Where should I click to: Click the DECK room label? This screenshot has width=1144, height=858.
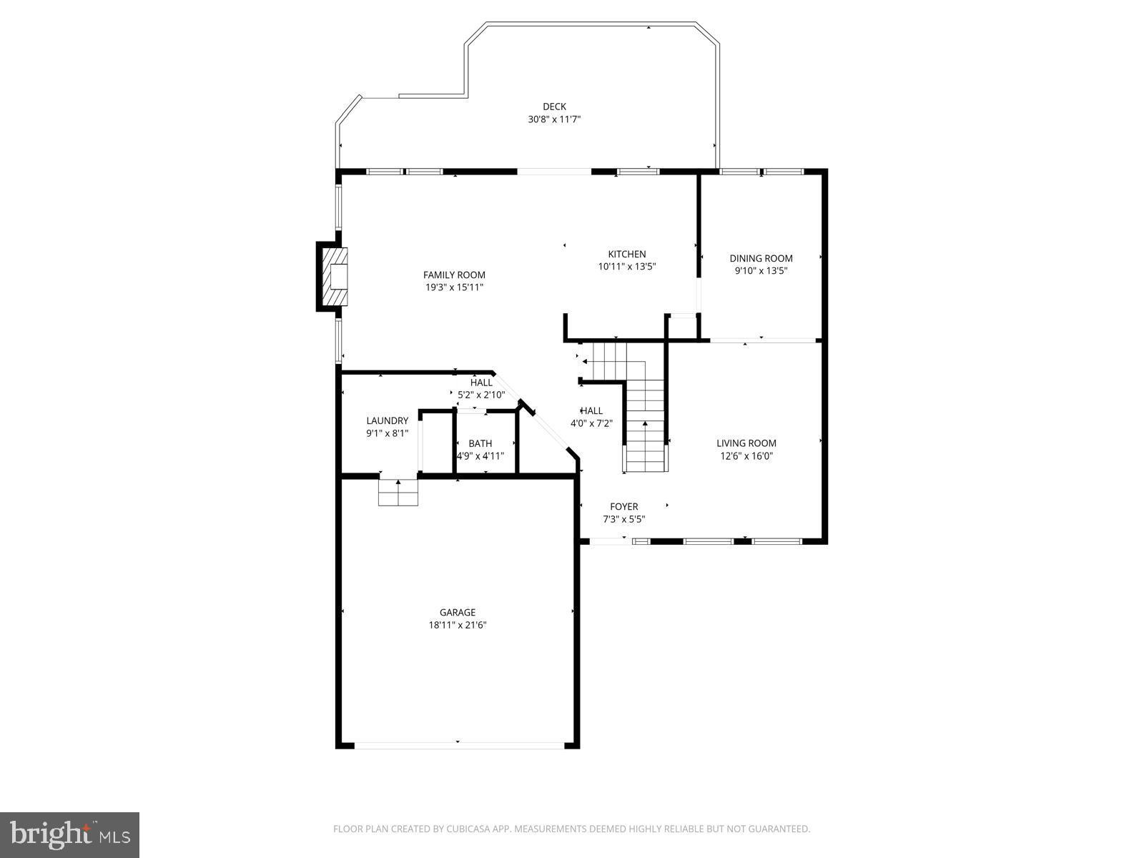coord(554,107)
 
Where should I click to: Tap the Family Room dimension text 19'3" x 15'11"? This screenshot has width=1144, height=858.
coord(454,287)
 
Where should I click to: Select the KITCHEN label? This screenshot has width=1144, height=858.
coord(627,254)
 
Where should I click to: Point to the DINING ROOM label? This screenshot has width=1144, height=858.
coord(761,258)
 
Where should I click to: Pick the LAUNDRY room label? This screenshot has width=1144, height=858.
coord(387,420)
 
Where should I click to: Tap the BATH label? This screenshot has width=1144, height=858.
coord(480,443)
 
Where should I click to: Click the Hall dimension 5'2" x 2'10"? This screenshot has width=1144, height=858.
coord(481,395)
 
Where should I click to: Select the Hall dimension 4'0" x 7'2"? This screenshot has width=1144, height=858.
coord(591,423)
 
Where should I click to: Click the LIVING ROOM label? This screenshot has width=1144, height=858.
coord(746,443)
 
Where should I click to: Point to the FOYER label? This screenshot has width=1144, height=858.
coord(623,507)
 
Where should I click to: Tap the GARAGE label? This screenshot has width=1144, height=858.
coord(458,612)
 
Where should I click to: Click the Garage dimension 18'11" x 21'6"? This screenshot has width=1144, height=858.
coord(458,625)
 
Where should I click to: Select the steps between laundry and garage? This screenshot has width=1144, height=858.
coord(398,493)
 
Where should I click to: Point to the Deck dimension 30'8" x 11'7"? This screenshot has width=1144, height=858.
coord(554,120)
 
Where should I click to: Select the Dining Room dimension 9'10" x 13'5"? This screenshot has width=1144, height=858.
coord(761,271)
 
